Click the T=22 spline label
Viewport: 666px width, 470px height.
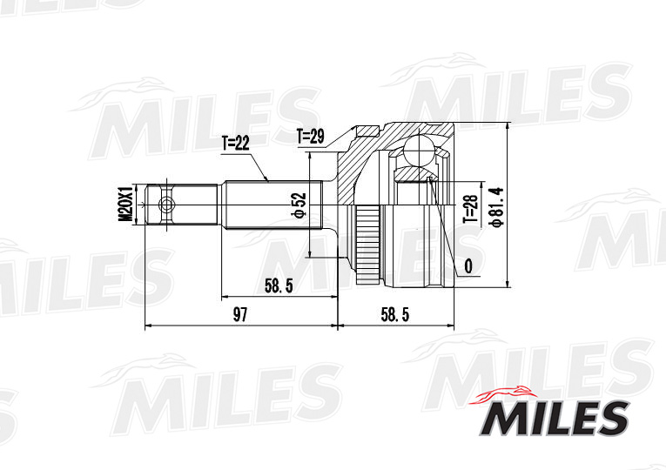click(235, 144)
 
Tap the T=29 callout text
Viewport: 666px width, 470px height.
click(311, 137)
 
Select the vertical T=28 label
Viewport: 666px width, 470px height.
click(471, 209)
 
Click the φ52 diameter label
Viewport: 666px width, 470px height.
click(299, 205)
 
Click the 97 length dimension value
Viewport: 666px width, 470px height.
click(239, 314)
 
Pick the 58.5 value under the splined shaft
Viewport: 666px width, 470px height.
click(279, 285)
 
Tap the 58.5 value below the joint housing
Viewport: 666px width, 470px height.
click(395, 314)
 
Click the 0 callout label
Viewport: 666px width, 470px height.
click(468, 266)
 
